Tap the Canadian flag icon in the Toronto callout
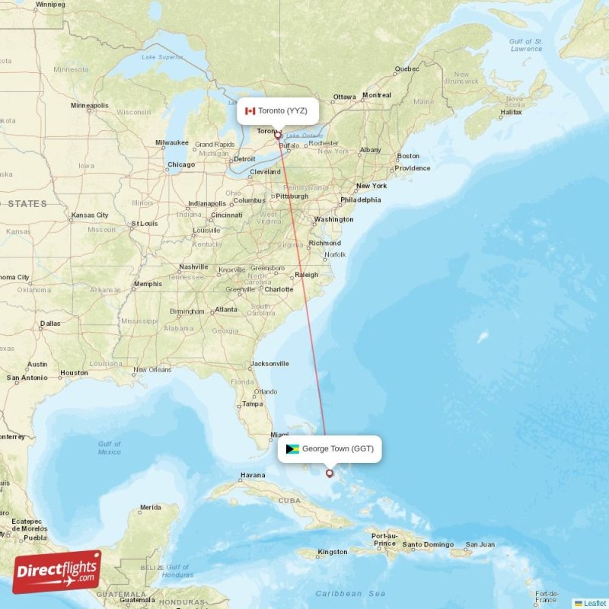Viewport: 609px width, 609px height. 250,111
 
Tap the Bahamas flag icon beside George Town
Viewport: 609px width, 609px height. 292,449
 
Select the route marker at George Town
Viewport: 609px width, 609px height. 330,473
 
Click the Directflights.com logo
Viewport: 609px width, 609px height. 57,572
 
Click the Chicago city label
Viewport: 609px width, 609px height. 181,164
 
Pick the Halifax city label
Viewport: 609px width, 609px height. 511,113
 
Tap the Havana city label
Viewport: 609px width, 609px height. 253,475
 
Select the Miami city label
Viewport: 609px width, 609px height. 280,435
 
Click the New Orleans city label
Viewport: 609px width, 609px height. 152,370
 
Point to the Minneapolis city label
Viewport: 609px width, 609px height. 90,105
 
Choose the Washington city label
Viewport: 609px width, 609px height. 333,219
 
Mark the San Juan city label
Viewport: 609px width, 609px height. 480,544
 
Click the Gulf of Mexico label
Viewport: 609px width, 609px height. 109,448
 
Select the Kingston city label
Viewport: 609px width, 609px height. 333,552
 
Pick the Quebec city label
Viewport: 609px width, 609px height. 407,69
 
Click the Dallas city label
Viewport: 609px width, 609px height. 49,324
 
